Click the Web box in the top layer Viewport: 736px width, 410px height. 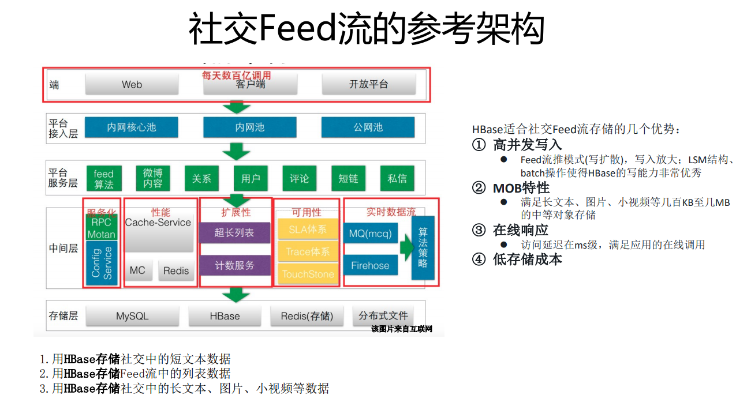pyautogui.click(x=132, y=84)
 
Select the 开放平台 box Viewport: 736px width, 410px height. pyautogui.click(x=368, y=84)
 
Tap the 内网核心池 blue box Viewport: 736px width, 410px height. pyautogui.click(x=132, y=127)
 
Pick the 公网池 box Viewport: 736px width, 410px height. pyautogui.click(x=368, y=127)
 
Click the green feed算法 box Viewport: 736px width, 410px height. pyautogui.click(x=104, y=179)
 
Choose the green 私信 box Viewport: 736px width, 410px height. pyautogui.click(x=397, y=179)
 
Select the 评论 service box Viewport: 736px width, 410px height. pyautogui.click(x=299, y=179)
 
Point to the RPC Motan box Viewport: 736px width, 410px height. pyautogui.click(x=101, y=228)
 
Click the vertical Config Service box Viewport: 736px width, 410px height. pyautogui.click(x=101, y=263)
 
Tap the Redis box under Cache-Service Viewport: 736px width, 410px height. pyautogui.click(x=176, y=270)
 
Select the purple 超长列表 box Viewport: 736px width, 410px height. pyautogui.click(x=234, y=232)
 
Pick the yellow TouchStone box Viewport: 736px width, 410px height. pyautogui.click(x=308, y=274)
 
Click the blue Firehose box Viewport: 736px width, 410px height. pyautogui.click(x=370, y=266)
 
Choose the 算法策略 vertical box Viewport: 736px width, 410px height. pyautogui.click(x=423, y=247)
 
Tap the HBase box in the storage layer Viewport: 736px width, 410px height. pyautogui.click(x=225, y=316)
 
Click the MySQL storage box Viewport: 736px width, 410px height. pyautogui.click(x=132, y=316)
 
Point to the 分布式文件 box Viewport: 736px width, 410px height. pyautogui.click(x=383, y=316)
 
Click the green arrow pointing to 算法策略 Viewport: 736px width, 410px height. pyautogui.click(x=406, y=248)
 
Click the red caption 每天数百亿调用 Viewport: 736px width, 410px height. pyautogui.click(x=236, y=75)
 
